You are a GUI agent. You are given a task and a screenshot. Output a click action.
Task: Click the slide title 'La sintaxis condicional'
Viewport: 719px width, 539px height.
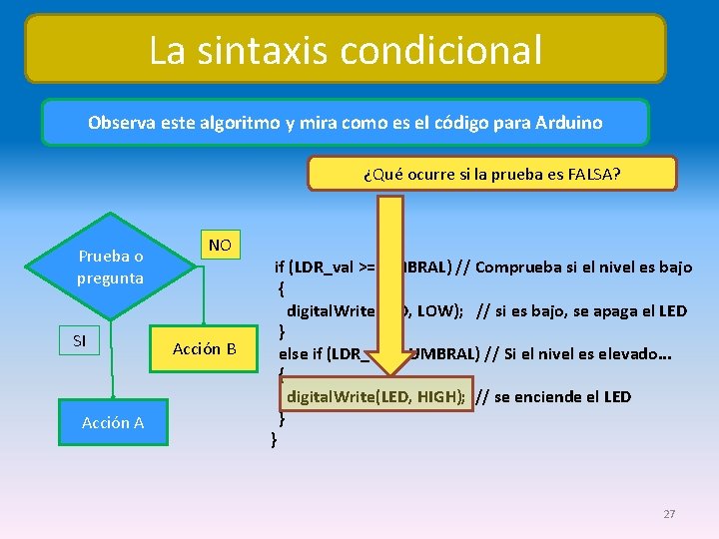click(346, 49)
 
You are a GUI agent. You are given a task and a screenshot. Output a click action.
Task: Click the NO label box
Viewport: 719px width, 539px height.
click(220, 246)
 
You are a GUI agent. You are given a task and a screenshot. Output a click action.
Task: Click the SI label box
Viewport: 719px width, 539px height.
click(80, 341)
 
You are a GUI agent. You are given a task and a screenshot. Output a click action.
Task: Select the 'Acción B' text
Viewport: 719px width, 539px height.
click(204, 348)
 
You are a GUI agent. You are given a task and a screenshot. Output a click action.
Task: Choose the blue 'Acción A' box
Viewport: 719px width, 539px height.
click(113, 422)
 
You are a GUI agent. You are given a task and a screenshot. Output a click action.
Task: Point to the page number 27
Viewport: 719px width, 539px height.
click(669, 514)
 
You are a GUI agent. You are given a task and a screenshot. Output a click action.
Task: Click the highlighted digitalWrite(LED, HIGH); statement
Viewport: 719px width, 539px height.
click(375, 396)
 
